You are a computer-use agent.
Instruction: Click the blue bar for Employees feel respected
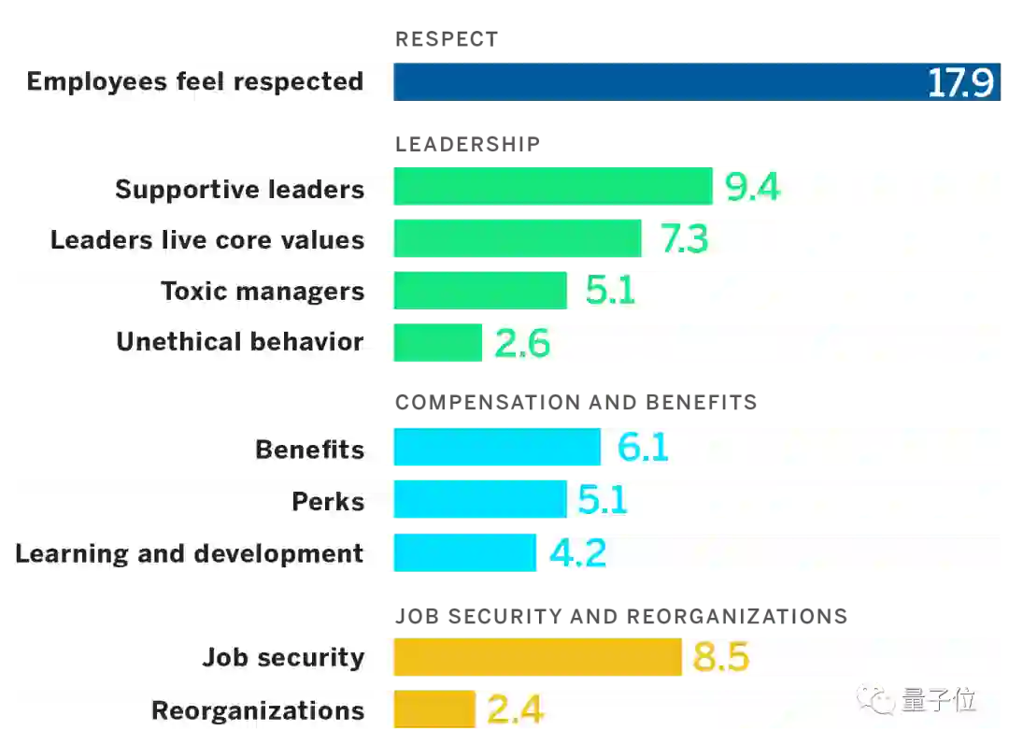pyautogui.click(x=654, y=81)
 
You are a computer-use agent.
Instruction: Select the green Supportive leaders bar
pyautogui.click(x=552, y=187)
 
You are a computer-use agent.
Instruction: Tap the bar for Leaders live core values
pyautogui.click(x=518, y=239)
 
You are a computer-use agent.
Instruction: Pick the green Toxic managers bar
pyautogui.click(x=480, y=291)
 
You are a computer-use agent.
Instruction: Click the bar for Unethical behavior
pyautogui.click(x=437, y=342)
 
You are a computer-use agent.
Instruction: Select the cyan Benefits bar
pyautogui.click(x=497, y=449)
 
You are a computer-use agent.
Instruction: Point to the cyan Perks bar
pyautogui.click(x=480, y=500)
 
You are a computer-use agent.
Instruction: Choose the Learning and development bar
pyautogui.click(x=464, y=552)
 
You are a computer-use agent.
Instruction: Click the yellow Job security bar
pyautogui.click(x=537, y=656)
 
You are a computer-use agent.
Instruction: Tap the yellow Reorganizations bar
pyautogui.click(x=434, y=709)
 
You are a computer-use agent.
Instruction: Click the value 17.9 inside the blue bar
pyautogui.click(x=959, y=83)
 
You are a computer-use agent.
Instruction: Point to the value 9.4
pyautogui.click(x=752, y=188)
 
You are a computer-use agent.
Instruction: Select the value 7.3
pyautogui.click(x=684, y=240)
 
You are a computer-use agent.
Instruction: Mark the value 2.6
pyautogui.click(x=521, y=344)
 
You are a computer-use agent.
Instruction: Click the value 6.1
pyautogui.click(x=643, y=449)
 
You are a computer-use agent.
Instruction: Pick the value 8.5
pyautogui.click(x=720, y=657)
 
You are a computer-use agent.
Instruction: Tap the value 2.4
pyautogui.click(x=515, y=710)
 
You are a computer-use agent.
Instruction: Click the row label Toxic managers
pyautogui.click(x=263, y=291)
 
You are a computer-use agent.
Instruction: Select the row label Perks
pyautogui.click(x=328, y=501)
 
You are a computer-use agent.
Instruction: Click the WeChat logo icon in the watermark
pyautogui.click(x=875, y=699)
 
